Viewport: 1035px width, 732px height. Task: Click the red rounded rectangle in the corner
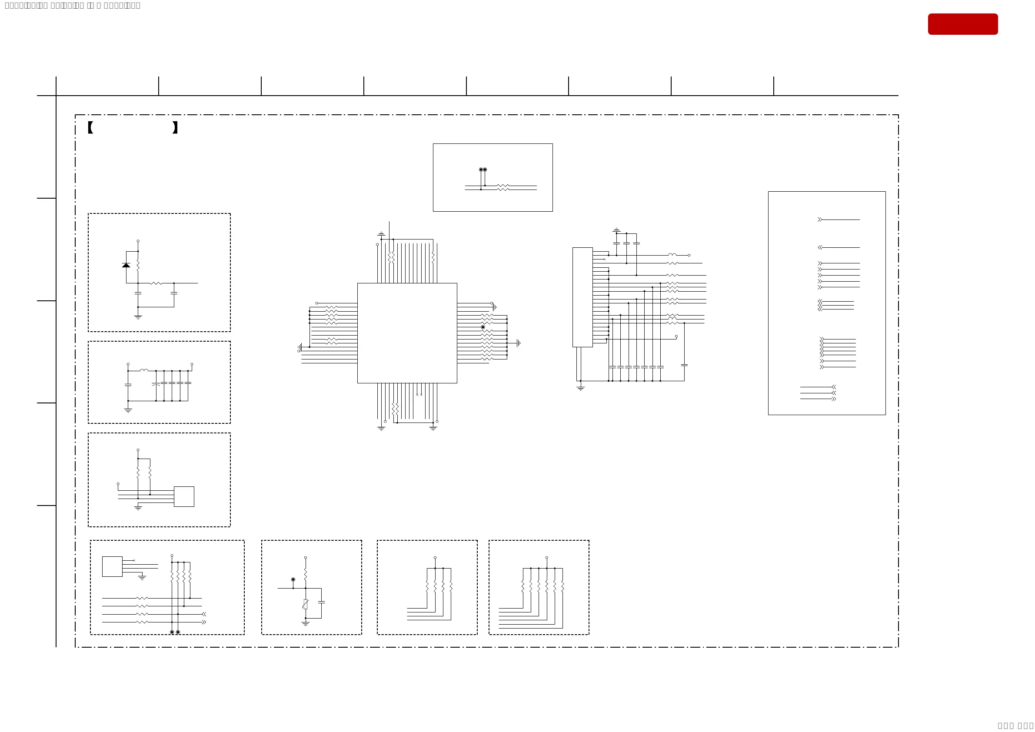[x=962, y=24]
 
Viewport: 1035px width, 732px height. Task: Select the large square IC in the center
[x=406, y=333]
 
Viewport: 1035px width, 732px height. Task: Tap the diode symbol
[x=126, y=265]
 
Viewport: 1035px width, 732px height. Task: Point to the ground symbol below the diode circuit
[x=138, y=317]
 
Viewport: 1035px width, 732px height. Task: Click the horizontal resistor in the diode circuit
[x=156, y=283]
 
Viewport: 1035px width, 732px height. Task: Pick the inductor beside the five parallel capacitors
[x=144, y=370]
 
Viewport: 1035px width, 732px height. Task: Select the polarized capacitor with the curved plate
[x=156, y=385]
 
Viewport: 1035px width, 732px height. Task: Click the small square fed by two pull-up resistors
[x=184, y=496]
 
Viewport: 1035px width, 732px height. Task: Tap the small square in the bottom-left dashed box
[x=112, y=566]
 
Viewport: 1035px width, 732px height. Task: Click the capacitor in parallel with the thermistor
[x=321, y=602]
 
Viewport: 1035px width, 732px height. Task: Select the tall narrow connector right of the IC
[x=582, y=297]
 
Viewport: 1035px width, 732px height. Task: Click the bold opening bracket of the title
[x=90, y=127]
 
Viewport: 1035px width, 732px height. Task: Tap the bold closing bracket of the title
[x=175, y=127]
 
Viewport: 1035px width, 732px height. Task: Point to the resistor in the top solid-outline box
[x=503, y=187]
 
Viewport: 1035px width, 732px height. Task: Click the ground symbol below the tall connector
[x=581, y=388]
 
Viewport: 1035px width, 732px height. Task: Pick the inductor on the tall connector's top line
[x=672, y=255]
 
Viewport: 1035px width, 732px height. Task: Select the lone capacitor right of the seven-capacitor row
[x=684, y=365]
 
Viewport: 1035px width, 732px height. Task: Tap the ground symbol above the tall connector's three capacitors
[x=616, y=230]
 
